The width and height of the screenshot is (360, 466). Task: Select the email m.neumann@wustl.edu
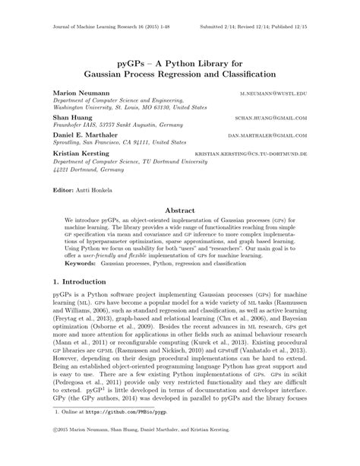pyautogui.click(x=276, y=91)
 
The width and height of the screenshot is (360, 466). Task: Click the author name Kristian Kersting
pyautogui.click(x=81, y=153)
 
